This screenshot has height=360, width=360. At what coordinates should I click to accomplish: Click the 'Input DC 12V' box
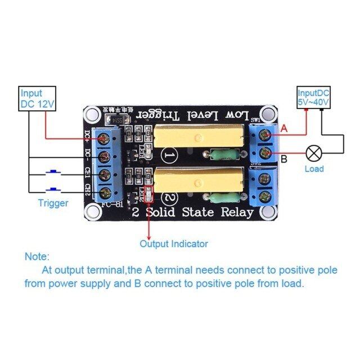pyautogui.click(x=38, y=98)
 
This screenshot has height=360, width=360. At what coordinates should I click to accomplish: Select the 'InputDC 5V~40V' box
pyautogui.click(x=314, y=98)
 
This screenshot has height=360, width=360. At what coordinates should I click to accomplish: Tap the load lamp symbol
pyautogui.click(x=313, y=153)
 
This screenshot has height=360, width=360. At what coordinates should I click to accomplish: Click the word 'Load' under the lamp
pyautogui.click(x=314, y=169)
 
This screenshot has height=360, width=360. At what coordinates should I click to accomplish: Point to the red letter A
pyautogui.click(x=284, y=129)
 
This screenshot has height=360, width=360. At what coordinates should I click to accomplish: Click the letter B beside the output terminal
pyautogui.click(x=284, y=159)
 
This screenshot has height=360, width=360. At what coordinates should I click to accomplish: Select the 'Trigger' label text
pyautogui.click(x=53, y=203)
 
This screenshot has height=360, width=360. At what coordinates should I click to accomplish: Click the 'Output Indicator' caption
pyautogui.click(x=174, y=244)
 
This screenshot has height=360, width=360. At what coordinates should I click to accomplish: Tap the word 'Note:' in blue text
pyautogui.click(x=37, y=256)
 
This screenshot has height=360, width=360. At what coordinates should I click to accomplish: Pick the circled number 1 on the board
pyautogui.click(x=169, y=154)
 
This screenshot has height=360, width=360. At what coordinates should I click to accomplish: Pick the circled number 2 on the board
pyautogui.click(x=169, y=198)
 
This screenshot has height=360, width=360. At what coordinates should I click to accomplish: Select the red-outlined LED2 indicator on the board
pyautogui.click(x=149, y=193)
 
